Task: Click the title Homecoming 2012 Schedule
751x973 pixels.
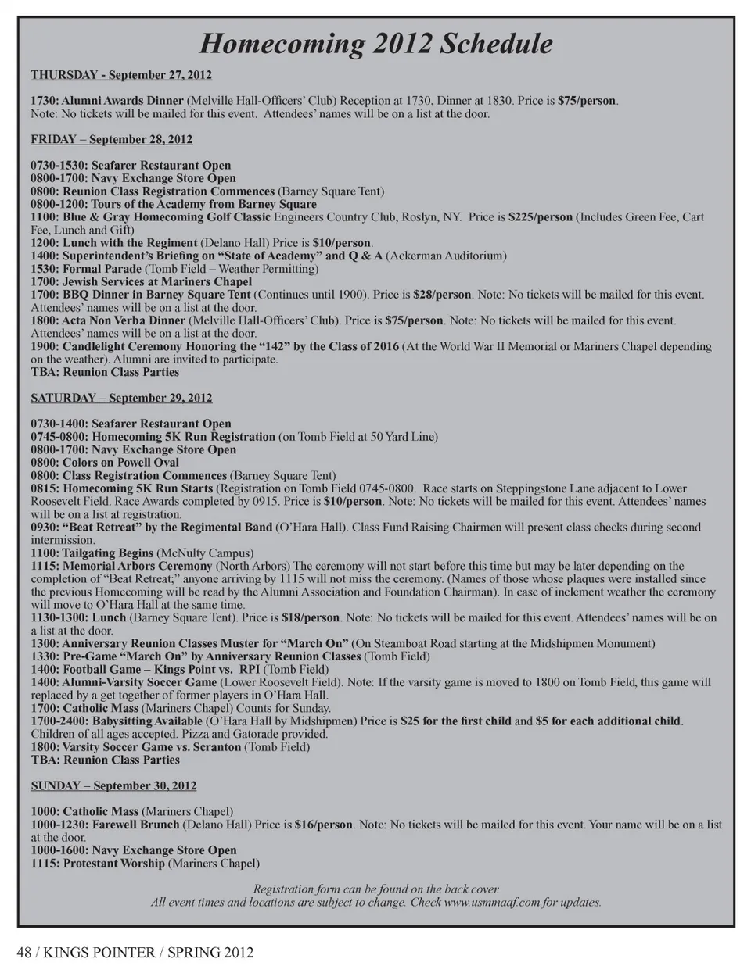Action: click(x=375, y=44)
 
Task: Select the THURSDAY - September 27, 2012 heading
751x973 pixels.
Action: click(x=121, y=75)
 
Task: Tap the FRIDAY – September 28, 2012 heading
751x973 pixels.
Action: click(x=111, y=139)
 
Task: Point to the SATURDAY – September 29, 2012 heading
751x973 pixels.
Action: click(x=121, y=398)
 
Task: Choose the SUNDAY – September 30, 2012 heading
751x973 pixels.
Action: click(x=113, y=785)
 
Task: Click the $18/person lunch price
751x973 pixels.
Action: click(x=311, y=617)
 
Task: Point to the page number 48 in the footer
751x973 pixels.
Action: click(x=24, y=952)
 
